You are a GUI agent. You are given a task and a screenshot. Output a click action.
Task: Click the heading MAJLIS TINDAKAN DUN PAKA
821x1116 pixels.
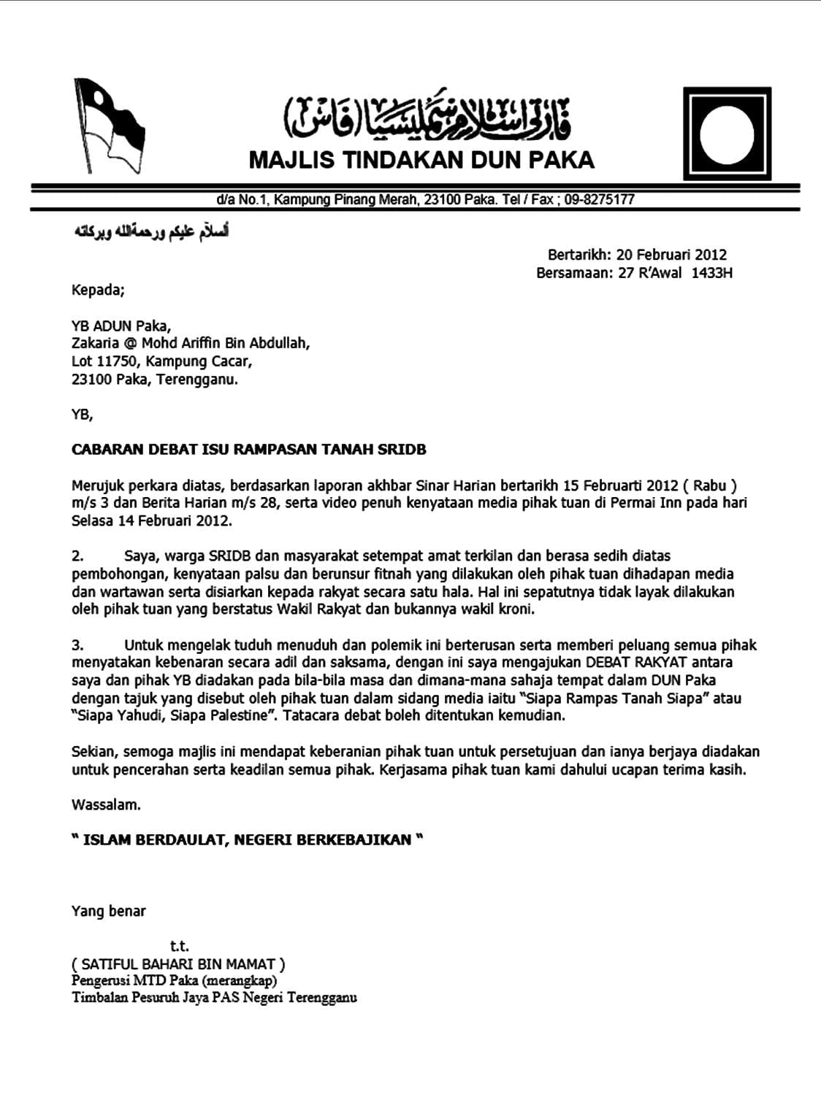(421, 160)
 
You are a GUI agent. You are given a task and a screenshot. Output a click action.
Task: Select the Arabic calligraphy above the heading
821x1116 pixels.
(427, 116)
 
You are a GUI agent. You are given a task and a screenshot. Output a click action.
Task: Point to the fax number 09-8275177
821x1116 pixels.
(599, 199)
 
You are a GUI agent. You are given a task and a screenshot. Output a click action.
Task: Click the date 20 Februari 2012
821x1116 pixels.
(671, 255)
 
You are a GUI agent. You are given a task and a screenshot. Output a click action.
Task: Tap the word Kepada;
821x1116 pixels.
(99, 290)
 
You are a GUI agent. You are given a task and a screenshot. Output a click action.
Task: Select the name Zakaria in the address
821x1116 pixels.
(96, 343)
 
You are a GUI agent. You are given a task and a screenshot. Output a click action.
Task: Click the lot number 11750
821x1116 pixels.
(116, 361)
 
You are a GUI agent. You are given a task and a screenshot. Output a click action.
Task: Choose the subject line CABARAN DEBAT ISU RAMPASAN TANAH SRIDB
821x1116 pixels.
(248, 450)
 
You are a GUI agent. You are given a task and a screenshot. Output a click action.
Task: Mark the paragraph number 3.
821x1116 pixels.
(77, 645)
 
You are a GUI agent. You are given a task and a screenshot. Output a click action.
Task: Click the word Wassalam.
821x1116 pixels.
(106, 805)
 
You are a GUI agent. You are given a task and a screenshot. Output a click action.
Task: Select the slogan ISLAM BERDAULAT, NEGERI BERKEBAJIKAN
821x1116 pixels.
(247, 840)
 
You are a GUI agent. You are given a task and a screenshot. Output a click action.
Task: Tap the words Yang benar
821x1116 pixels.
(109, 911)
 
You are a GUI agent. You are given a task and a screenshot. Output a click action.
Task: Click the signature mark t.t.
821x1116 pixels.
(179, 947)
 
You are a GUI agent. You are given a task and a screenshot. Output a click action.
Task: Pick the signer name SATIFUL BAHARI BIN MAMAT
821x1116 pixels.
(178, 964)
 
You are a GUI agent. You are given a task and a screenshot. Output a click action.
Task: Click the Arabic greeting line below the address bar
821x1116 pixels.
(150, 233)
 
